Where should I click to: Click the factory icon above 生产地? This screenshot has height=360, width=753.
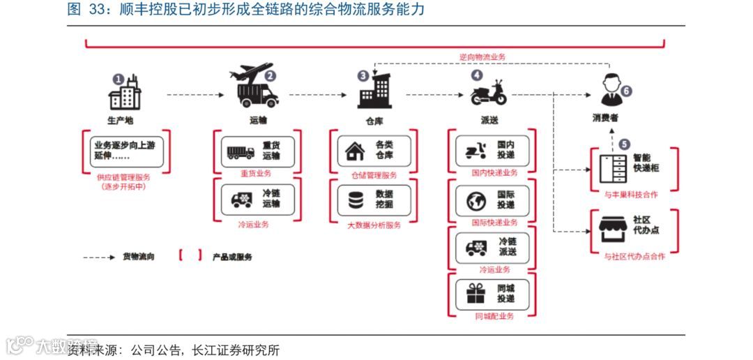tap(125, 93)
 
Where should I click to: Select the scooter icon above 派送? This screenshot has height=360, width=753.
tap(488, 92)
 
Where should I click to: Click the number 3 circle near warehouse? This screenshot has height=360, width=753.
tap(363, 75)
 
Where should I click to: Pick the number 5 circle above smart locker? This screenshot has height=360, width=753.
tap(624, 144)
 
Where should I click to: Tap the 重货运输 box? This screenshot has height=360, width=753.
tap(257, 151)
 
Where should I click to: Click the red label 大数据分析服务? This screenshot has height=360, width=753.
tap(374, 225)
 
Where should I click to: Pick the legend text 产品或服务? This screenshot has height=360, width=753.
tap(232, 257)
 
